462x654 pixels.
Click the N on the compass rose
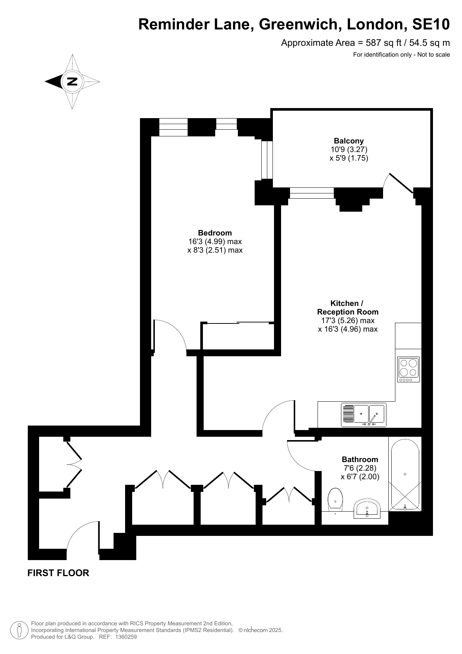(72, 81)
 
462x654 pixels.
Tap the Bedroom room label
(215, 233)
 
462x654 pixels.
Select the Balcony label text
(349, 141)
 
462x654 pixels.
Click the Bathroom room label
(360, 459)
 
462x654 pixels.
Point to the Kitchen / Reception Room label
(348, 307)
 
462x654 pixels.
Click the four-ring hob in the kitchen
(408, 369)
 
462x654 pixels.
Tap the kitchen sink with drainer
(364, 415)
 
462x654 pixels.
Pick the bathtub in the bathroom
(405, 475)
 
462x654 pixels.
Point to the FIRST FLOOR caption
(58, 573)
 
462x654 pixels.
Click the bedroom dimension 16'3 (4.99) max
(215, 241)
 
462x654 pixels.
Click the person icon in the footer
(19, 630)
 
